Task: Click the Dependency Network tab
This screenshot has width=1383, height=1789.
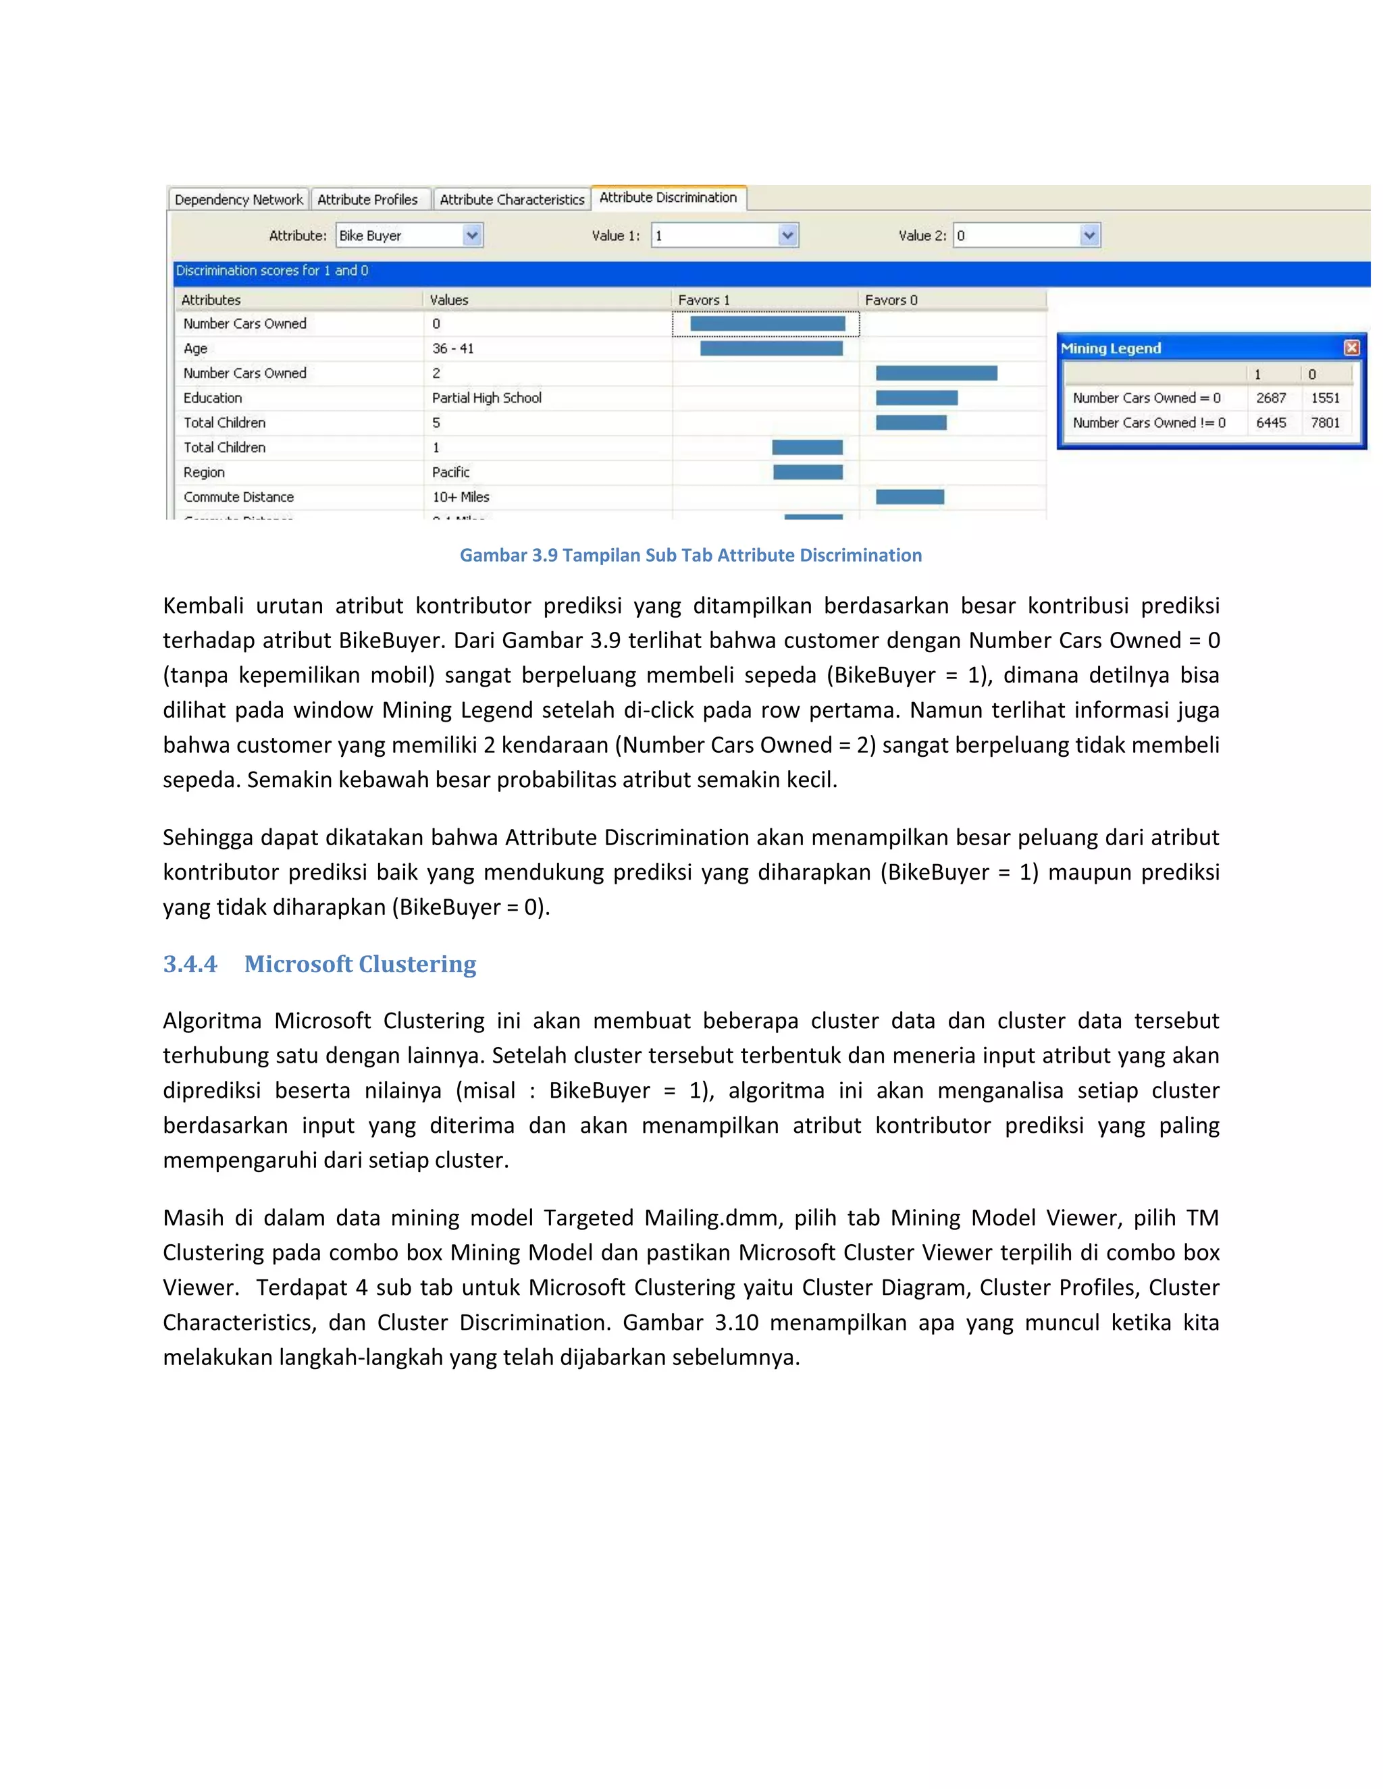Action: click(238, 200)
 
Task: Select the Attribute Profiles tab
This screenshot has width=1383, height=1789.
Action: click(367, 200)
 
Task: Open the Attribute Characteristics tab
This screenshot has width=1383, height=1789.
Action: click(512, 200)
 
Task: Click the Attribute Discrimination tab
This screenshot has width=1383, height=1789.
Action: click(668, 197)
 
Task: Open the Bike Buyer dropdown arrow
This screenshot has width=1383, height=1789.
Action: click(472, 236)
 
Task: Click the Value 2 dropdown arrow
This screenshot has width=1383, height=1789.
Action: click(1089, 236)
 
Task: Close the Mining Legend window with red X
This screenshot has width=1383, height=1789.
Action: click(1352, 347)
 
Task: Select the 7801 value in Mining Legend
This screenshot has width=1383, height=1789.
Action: click(1325, 423)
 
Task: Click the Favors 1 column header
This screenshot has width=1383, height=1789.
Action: click(704, 300)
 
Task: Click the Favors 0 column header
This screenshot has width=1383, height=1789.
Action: click(891, 300)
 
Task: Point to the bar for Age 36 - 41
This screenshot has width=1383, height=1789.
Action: click(771, 349)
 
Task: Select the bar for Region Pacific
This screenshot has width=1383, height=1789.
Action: click(808, 472)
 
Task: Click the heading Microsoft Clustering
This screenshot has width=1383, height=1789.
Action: click(360, 964)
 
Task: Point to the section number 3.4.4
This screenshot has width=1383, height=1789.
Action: click(190, 964)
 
